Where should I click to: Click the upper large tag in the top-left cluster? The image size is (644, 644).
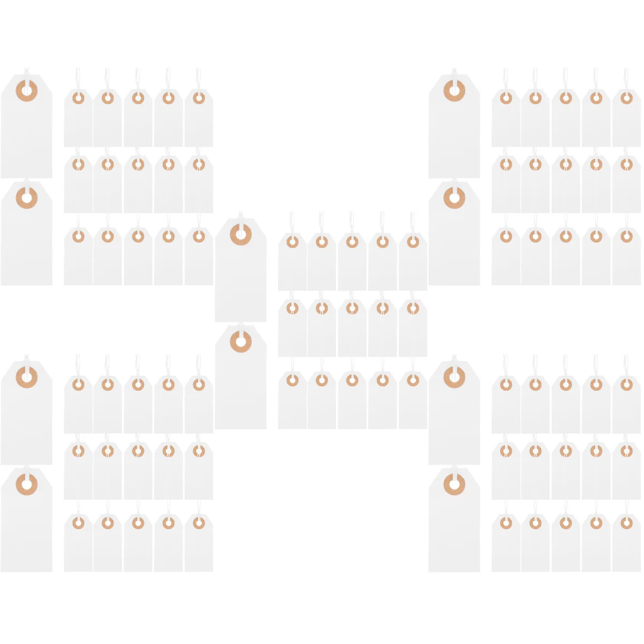click(x=26, y=129)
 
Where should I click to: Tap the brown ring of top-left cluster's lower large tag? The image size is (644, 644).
click(x=26, y=198)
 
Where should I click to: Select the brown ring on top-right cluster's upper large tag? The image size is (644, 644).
click(x=454, y=90)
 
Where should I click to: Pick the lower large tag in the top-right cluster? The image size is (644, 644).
click(x=454, y=236)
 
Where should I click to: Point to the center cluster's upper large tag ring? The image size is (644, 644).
click(x=240, y=235)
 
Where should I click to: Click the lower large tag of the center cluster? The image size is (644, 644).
click(x=240, y=381)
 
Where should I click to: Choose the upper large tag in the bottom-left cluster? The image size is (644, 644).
click(x=26, y=416)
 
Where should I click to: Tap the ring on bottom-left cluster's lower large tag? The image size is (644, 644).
click(x=26, y=485)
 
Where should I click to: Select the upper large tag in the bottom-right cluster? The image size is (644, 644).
click(x=454, y=416)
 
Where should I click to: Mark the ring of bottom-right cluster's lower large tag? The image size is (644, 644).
click(x=454, y=485)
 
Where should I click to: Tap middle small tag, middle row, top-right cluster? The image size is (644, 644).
click(x=566, y=185)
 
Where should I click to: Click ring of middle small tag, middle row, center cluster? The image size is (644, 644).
click(x=352, y=308)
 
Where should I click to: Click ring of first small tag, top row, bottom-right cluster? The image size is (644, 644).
click(x=506, y=384)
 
